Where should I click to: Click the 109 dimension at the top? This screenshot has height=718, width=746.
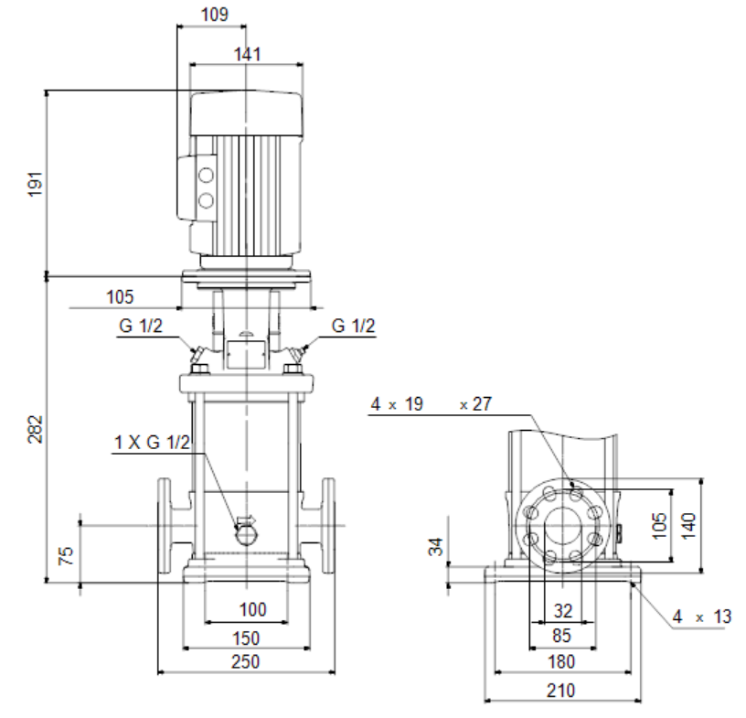[215, 15]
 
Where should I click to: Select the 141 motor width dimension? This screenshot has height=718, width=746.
[248, 54]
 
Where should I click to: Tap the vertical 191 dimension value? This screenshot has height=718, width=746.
[36, 184]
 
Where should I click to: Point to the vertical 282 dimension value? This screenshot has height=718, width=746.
[36, 429]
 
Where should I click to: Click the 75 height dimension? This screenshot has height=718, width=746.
[66, 555]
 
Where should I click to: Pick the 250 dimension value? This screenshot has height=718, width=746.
[246, 662]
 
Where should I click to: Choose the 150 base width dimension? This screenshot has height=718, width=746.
[246, 638]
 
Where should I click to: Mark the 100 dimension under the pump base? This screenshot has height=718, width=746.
[252, 609]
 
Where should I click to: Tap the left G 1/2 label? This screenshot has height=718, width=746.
[141, 326]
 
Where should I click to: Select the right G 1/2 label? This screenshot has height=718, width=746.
[353, 326]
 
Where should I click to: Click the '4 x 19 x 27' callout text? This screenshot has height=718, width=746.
[431, 404]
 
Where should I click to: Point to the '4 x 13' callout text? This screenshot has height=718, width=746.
[702, 616]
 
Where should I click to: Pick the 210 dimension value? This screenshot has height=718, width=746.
[561, 691]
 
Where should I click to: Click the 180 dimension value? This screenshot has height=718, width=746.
[561, 662]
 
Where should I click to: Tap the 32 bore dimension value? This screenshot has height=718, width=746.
[563, 611]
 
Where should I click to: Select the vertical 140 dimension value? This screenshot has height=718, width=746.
[688, 526]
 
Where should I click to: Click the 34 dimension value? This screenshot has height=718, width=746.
[436, 547]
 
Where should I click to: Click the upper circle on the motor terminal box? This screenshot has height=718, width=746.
[206, 176]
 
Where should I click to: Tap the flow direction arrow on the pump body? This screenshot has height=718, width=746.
[246, 520]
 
